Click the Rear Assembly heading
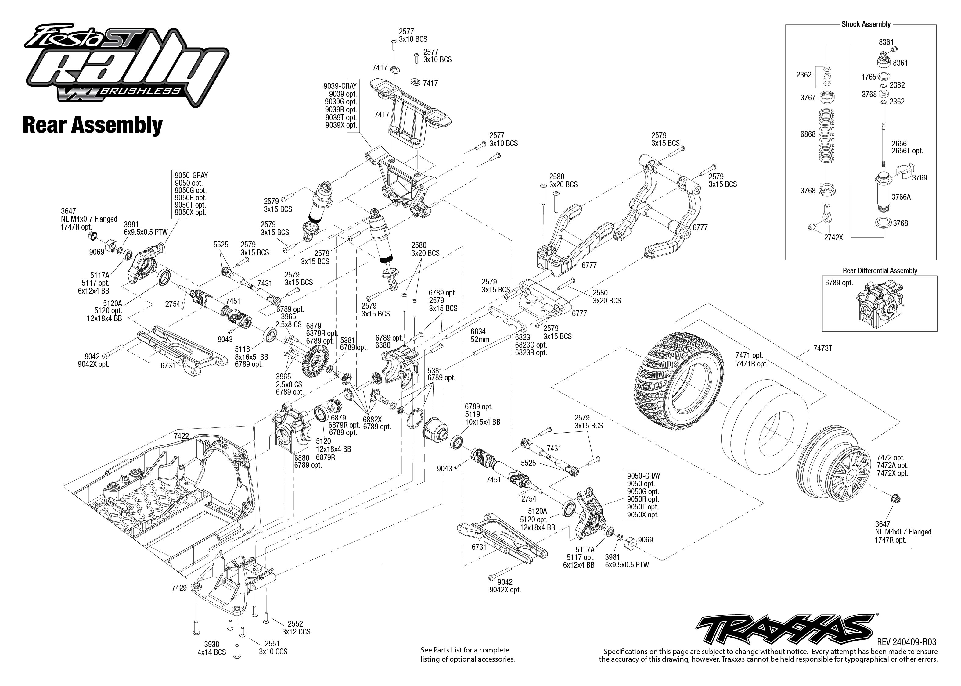[x=92, y=125]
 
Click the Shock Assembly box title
[x=866, y=24]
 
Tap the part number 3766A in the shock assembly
[x=901, y=197]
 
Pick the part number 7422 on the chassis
[x=181, y=435]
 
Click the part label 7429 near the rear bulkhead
[x=179, y=588]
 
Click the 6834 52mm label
[x=480, y=336]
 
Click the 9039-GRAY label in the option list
[x=340, y=86]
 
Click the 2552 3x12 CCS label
[x=296, y=628]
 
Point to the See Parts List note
[x=467, y=654]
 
